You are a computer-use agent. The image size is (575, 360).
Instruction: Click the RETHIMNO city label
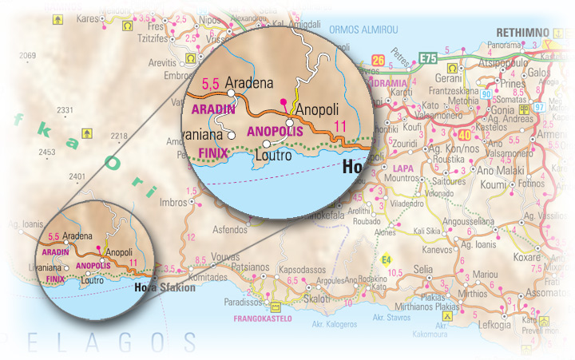click(522, 32)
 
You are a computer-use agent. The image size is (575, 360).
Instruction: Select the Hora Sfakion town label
click(165, 287)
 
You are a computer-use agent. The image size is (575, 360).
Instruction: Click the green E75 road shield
click(428, 58)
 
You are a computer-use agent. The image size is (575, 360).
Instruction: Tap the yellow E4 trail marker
click(386, 259)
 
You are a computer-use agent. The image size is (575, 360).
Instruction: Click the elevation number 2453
click(47, 152)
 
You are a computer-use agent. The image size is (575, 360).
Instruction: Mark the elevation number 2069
click(28, 55)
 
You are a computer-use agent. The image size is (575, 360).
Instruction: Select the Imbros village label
click(174, 202)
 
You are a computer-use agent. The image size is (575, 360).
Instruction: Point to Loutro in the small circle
click(93, 280)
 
